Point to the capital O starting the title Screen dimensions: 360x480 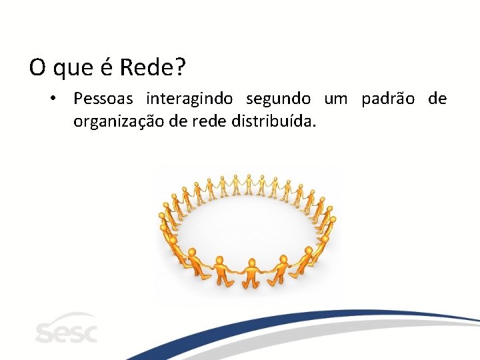coord(37,67)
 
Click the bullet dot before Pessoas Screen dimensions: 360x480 coord(51,99)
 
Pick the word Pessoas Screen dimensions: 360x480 coord(103,99)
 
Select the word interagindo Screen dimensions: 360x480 coord(189,99)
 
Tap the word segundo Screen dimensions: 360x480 coord(278,99)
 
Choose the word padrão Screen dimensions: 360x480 coord(387,99)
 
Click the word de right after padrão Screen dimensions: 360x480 coord(437,99)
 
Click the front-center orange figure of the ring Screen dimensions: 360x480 coord(251,273)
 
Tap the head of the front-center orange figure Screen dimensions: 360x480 coord(251,262)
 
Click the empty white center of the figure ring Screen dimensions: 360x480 coord(247,223)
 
